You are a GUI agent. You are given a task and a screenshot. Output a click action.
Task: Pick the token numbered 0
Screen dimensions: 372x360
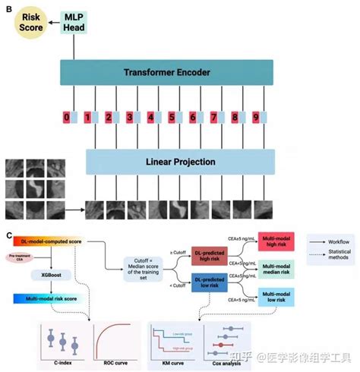click(67, 118)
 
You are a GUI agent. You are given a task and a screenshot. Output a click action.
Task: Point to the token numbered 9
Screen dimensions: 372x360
click(256, 118)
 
